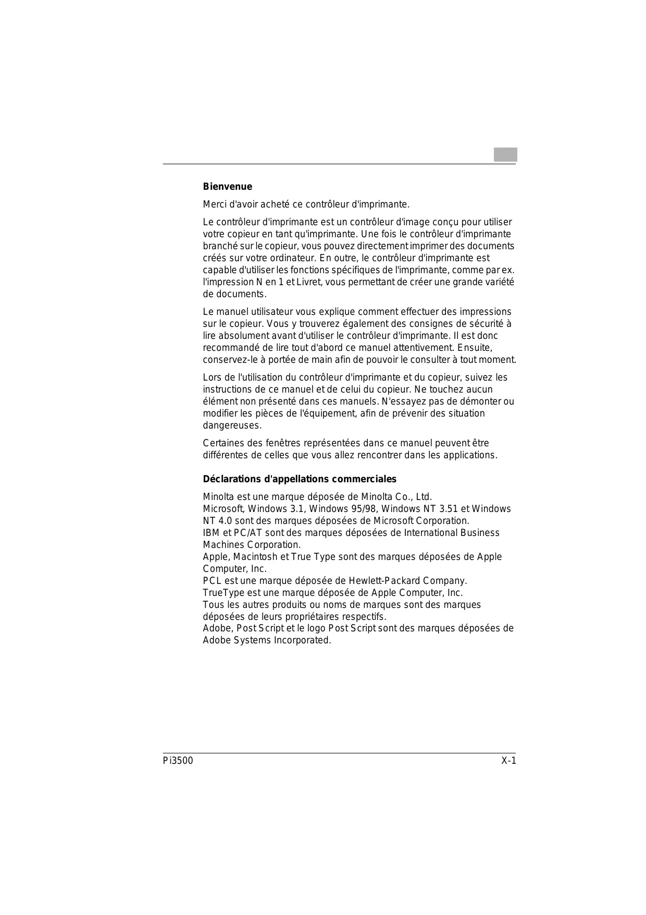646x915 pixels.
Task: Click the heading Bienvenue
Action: pyautogui.click(x=227, y=187)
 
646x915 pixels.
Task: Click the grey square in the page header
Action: pyautogui.click(x=505, y=155)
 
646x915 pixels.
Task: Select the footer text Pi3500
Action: pyautogui.click(x=177, y=761)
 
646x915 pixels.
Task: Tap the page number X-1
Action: pyautogui.click(x=508, y=761)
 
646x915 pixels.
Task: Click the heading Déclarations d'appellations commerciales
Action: pyautogui.click(x=300, y=479)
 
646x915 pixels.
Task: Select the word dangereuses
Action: pyautogui.click(x=231, y=425)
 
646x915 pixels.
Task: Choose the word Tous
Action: pyautogui.click(x=213, y=605)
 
